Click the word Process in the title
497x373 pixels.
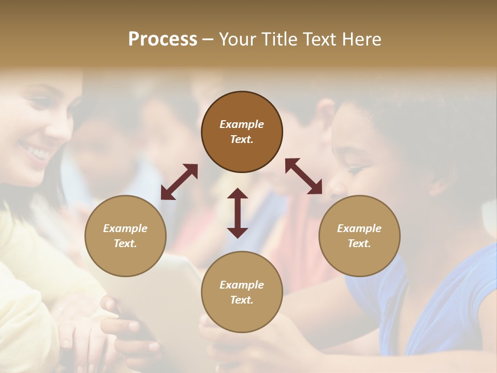(163, 39)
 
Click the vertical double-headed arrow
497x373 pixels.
(238, 213)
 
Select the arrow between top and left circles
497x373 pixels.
(179, 182)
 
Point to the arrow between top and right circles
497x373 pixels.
(304, 176)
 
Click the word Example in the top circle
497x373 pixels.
(242, 124)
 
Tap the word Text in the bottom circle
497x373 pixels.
(242, 300)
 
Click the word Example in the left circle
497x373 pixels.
(125, 228)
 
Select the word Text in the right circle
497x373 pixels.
(359, 243)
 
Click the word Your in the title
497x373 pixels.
(238, 39)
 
